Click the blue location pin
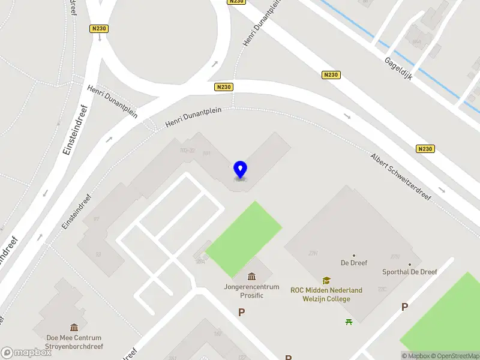[x=240, y=170]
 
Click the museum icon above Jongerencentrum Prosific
[x=251, y=276]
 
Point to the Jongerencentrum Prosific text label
[x=251, y=291]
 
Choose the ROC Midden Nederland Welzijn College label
[x=326, y=294]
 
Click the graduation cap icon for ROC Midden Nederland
[x=326, y=280]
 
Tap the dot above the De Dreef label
[x=353, y=256]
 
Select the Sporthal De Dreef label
[x=410, y=272]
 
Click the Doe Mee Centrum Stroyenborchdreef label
[x=74, y=342]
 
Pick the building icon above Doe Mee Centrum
[x=74, y=327]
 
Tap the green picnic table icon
[x=349, y=322]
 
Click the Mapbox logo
[x=26, y=353]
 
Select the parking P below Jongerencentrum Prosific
[x=241, y=312]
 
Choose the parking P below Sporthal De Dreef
[x=404, y=307]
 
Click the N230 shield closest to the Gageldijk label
[x=330, y=74]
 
